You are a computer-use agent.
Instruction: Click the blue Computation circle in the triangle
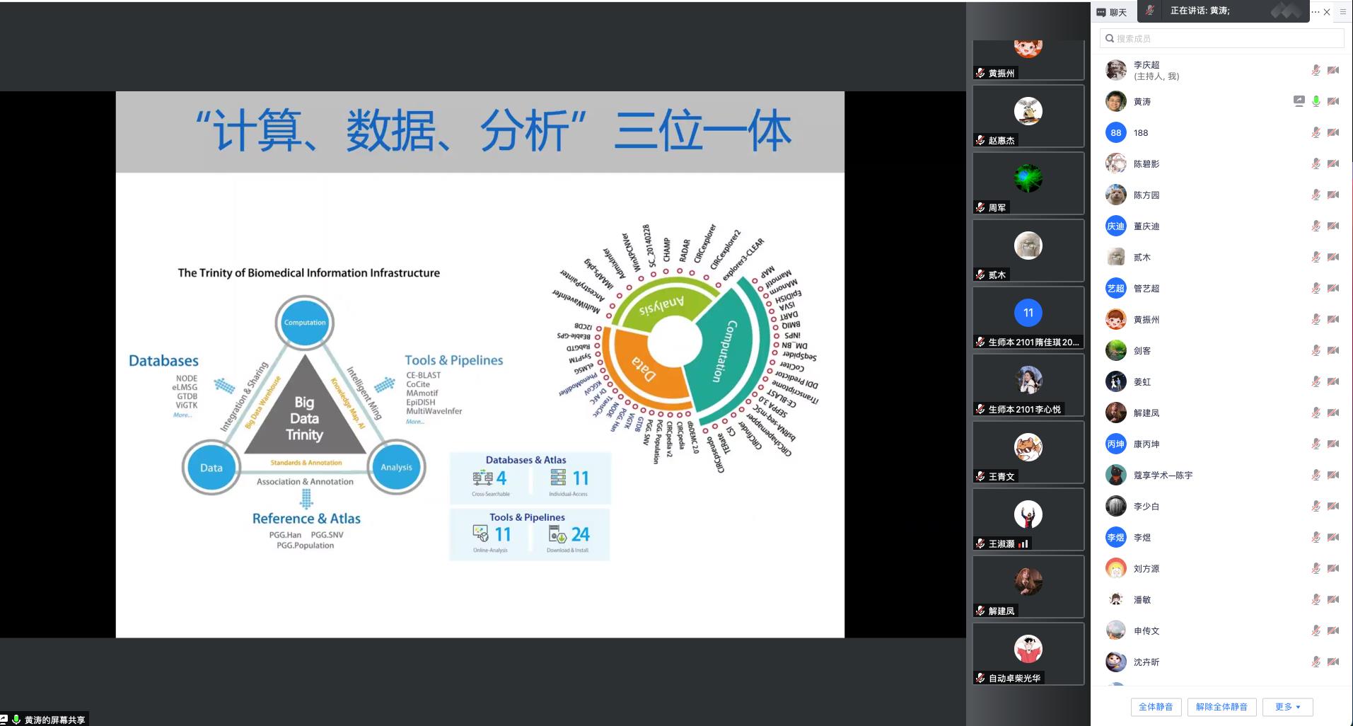coord(305,323)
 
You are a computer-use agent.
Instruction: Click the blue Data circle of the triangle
coord(211,468)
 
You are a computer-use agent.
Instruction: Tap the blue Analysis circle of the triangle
coord(396,467)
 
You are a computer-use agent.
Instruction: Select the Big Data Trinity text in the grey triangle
coord(304,418)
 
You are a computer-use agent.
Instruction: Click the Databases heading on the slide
coord(163,361)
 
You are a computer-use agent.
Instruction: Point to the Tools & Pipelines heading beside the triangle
coord(453,360)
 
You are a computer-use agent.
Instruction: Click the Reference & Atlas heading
coord(306,519)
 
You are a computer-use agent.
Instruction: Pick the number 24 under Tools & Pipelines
coord(580,534)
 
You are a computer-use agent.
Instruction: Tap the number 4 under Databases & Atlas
coord(501,478)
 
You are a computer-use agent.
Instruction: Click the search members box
coord(1221,38)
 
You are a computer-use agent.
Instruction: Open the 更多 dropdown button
coord(1287,706)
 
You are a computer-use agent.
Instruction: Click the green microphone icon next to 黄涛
coord(1316,101)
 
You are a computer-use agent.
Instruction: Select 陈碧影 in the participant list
coord(1146,163)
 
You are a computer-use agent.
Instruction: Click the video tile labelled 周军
coord(1028,183)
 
